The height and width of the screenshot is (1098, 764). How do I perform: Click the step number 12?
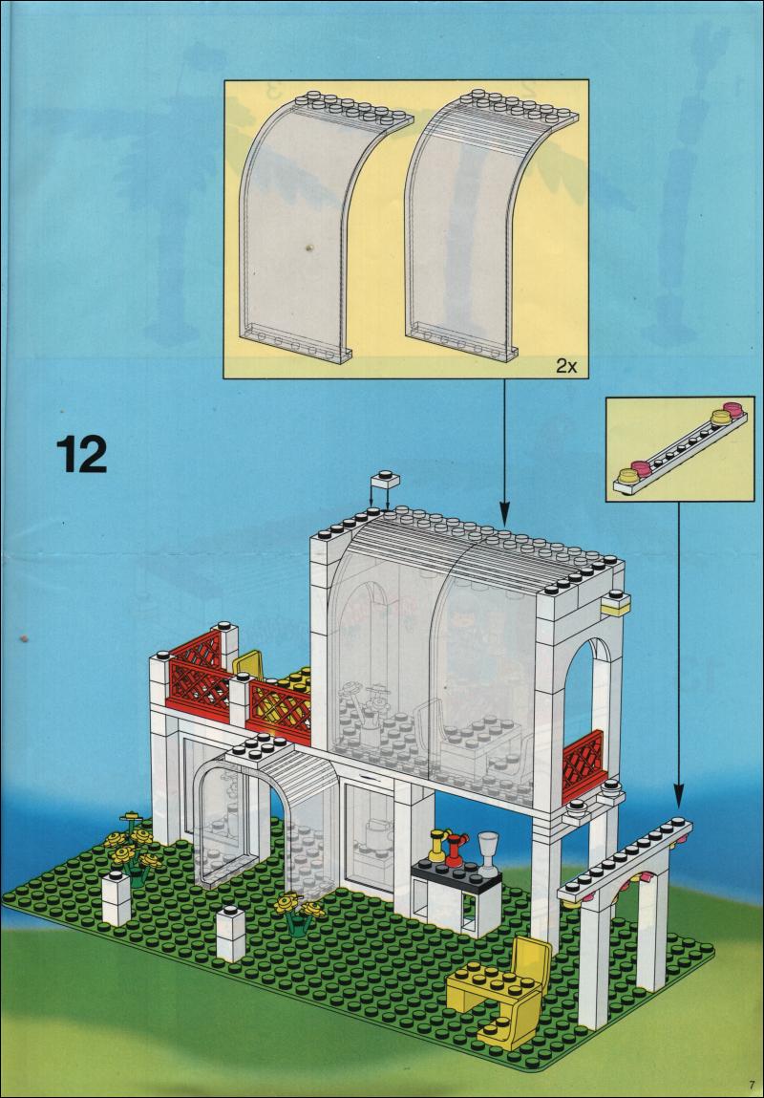point(81,455)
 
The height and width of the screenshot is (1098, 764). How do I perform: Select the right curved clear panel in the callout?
point(477,229)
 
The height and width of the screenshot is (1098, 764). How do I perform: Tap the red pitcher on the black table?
point(456,847)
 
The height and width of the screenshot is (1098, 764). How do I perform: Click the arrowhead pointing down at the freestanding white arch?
point(679,799)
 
